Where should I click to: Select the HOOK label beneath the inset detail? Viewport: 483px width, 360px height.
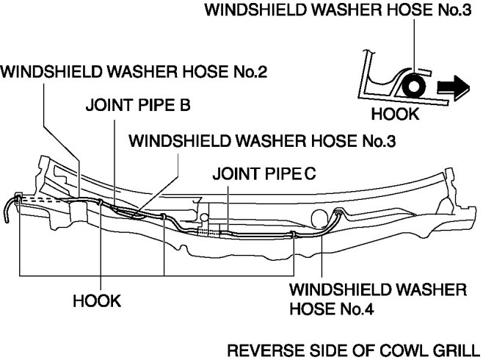pos(395,115)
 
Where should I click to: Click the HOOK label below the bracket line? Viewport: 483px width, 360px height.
pos(97,301)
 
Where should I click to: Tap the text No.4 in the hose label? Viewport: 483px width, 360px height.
pos(355,309)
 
